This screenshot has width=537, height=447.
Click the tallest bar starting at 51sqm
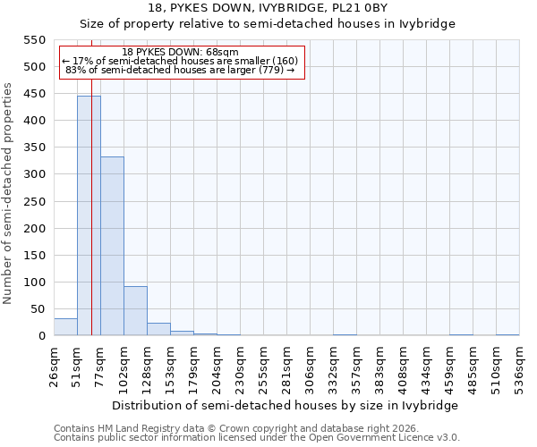89,215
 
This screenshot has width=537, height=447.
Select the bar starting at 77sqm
112,246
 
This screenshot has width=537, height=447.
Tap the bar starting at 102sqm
135,311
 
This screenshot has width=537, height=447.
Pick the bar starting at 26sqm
65,327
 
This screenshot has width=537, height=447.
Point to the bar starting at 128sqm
158,329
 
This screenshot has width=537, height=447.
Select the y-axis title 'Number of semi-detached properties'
8,193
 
